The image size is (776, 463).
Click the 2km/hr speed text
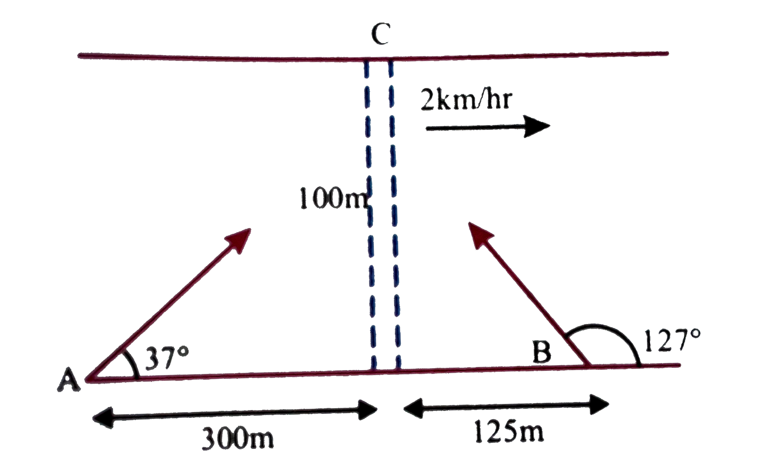click(x=465, y=102)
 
